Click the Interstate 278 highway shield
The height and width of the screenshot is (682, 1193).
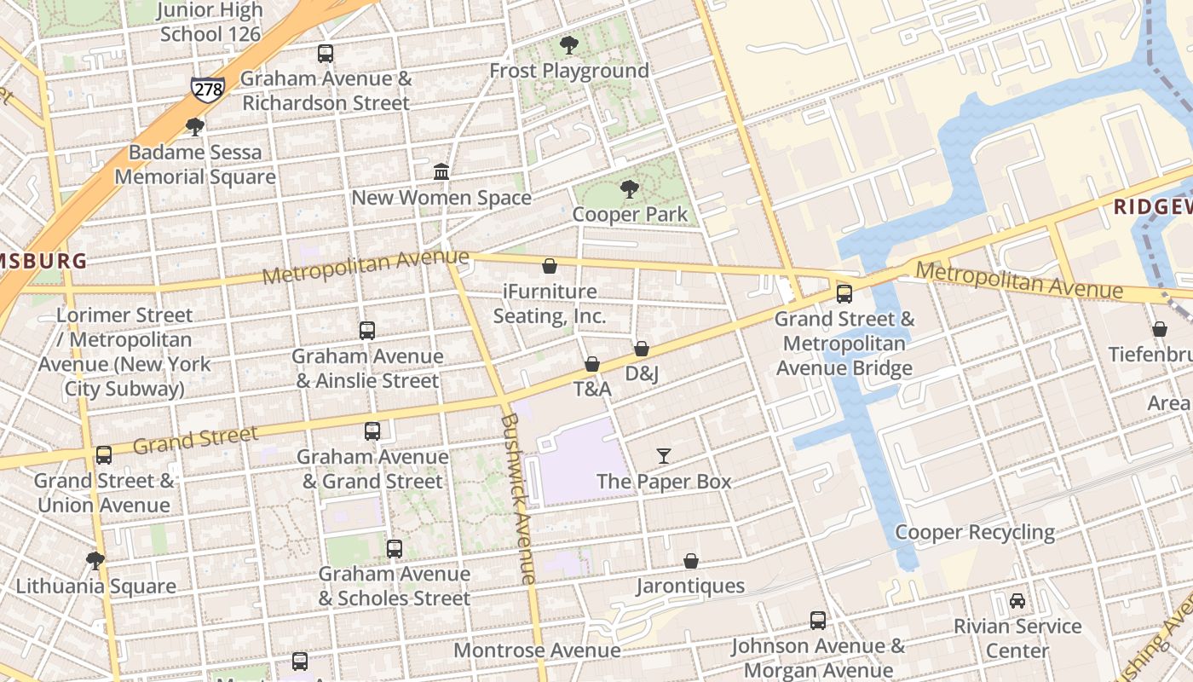pos(208,88)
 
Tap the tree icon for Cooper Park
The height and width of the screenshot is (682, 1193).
pos(630,189)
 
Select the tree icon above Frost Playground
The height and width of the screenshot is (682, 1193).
pos(569,45)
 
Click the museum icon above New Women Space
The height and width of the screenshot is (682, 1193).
pos(441,172)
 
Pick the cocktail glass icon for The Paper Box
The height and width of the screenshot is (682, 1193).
pos(664,456)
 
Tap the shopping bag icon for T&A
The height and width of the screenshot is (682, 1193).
pos(592,365)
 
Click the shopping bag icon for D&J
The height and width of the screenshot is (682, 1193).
pos(642,349)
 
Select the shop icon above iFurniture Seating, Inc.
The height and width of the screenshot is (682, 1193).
pos(550,267)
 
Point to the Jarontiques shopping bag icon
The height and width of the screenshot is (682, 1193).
pos(691,561)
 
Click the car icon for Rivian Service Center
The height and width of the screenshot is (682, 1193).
pos(1017,601)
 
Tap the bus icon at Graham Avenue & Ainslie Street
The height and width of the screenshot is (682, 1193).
pos(367,331)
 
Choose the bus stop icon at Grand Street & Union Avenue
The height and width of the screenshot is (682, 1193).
pos(104,455)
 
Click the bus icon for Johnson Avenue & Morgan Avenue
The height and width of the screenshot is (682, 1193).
pos(818,621)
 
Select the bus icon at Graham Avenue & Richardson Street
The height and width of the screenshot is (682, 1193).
pos(326,54)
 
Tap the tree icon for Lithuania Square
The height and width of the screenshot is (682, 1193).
pos(95,561)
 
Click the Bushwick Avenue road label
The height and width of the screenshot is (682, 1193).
pos(519,499)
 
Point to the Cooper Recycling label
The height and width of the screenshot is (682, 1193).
pos(975,533)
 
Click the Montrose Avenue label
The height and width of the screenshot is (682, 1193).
pos(537,650)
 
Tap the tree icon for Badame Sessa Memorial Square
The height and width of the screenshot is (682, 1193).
pos(195,128)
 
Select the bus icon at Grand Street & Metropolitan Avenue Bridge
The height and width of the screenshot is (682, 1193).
pos(844,294)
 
